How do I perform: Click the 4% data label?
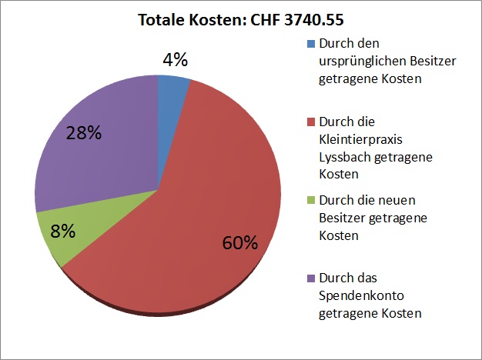174,59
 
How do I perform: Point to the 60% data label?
240,243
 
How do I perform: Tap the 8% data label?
62,231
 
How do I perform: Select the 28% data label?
83,132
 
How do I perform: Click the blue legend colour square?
310,43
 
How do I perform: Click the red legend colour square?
310,122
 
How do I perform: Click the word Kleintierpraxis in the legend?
357,139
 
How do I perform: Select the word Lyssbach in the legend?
343,157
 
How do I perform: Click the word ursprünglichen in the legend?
357,61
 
